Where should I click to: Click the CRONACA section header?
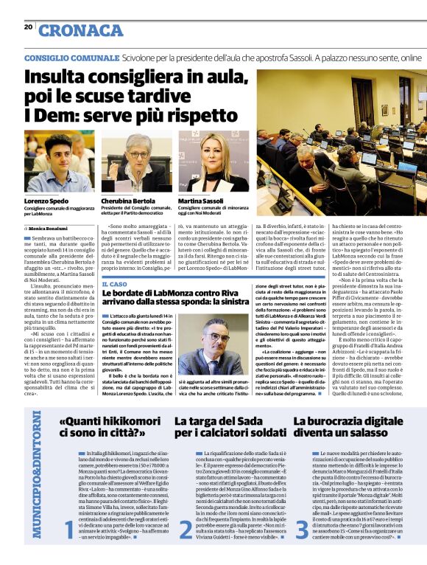click(x=81, y=30)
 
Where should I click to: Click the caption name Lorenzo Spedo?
click(x=46, y=201)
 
